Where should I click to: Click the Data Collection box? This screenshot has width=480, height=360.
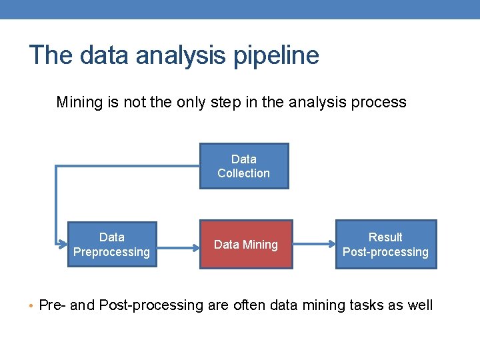(x=244, y=166)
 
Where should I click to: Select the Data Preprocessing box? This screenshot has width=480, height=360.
(x=111, y=244)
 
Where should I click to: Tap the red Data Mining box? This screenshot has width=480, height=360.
(x=246, y=244)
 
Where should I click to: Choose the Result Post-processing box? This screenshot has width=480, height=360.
(x=385, y=244)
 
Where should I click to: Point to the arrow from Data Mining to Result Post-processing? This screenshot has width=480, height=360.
(x=313, y=244)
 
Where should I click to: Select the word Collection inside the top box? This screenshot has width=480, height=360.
(x=244, y=173)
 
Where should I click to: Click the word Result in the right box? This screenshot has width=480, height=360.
(x=385, y=237)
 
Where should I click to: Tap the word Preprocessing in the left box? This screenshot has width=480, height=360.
(x=111, y=252)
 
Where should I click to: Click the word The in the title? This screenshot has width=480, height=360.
(x=49, y=55)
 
